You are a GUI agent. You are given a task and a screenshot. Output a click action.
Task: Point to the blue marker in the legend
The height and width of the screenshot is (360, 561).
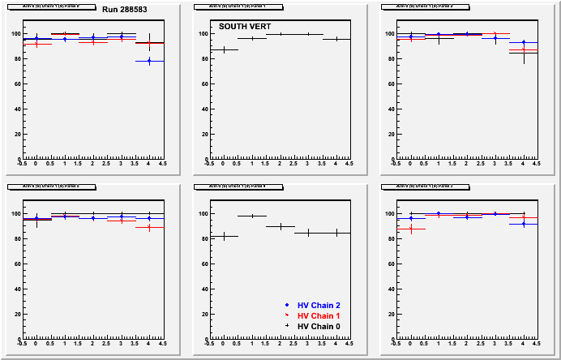point(287,305)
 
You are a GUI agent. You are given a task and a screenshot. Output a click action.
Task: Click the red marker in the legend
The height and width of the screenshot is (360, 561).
point(287,315)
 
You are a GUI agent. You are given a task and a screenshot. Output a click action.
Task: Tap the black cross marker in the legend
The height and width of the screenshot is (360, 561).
point(287,326)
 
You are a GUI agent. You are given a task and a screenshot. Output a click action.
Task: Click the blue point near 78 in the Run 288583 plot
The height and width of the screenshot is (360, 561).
point(148,61)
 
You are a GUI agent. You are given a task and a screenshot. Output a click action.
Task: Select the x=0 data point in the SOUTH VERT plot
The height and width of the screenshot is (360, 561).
point(224,49)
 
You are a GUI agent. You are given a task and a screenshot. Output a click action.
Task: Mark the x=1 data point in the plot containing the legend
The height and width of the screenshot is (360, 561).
point(252,216)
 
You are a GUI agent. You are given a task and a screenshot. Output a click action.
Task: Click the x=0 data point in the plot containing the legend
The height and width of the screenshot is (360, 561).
point(224,236)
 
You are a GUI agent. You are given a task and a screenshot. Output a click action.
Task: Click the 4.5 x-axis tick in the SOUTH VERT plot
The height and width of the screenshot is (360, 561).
point(349,163)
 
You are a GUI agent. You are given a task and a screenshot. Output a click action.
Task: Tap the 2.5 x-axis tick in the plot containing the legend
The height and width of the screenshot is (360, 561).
point(293,343)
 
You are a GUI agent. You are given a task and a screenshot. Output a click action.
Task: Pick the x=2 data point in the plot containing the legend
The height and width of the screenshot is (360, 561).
point(280,226)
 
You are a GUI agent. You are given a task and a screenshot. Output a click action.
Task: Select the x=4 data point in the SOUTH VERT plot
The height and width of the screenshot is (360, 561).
point(336,39)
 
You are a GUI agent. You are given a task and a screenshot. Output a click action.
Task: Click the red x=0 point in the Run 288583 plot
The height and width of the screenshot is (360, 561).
point(36,44)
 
